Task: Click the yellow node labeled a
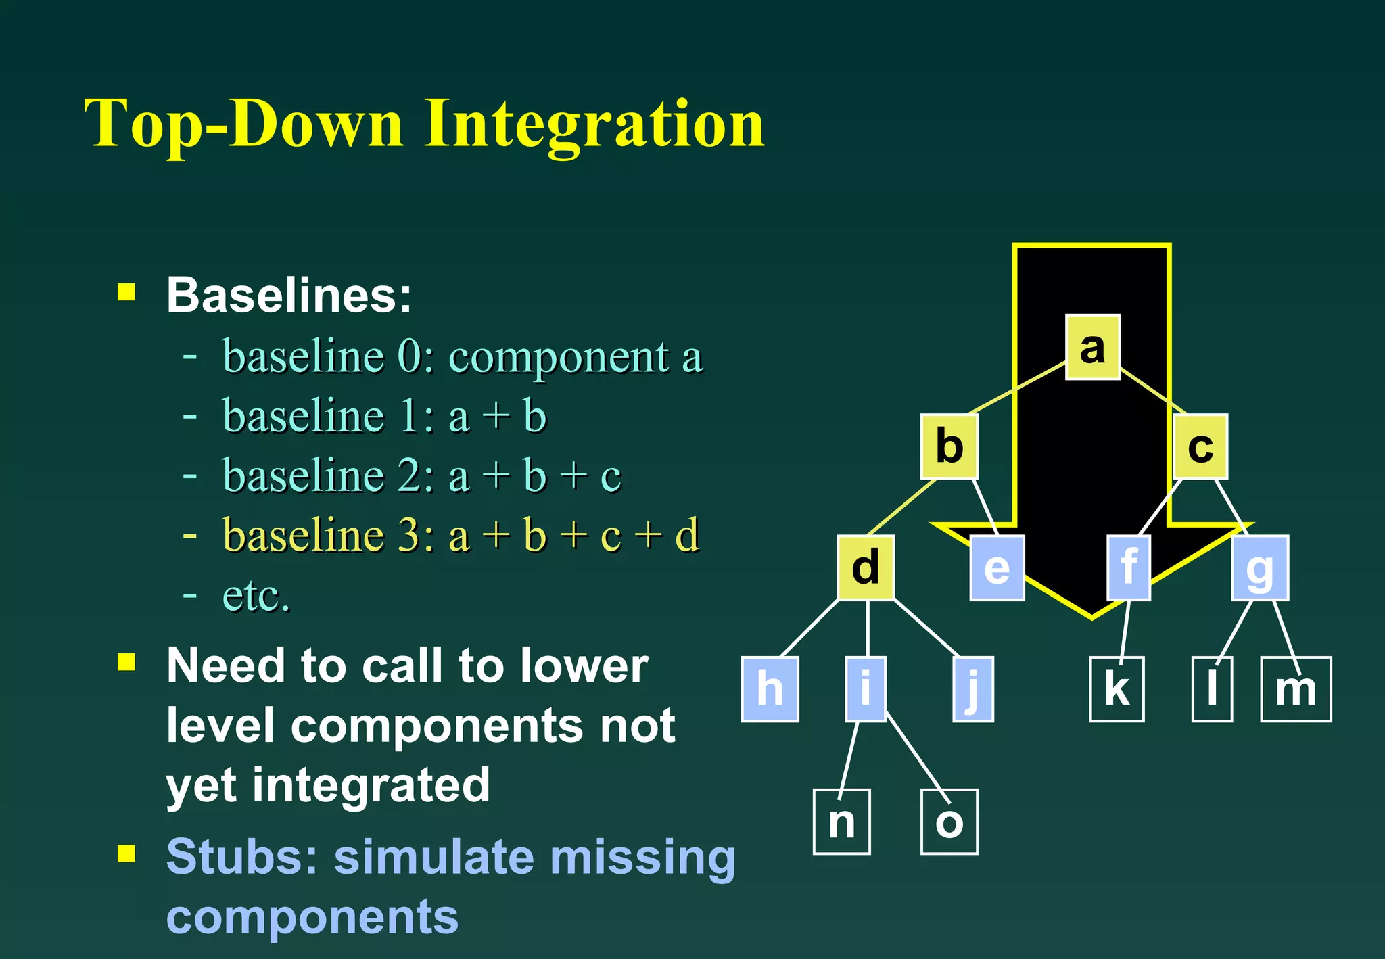pos(1093,347)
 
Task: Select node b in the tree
pos(949,446)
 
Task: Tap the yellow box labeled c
pos(1200,446)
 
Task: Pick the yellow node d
pos(866,567)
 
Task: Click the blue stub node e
pos(997,567)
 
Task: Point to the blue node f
pos(1129,567)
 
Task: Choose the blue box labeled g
pos(1260,567)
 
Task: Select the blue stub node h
pos(770,688)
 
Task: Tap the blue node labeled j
pos(972,688)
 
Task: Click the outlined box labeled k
pos(1117,688)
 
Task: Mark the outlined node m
pos(1296,688)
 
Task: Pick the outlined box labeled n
pos(841,821)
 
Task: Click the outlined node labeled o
pos(949,821)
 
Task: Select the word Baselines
pos(289,296)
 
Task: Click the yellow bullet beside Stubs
pos(126,853)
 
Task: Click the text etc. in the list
pos(256,596)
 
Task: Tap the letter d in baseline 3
pos(686,535)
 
